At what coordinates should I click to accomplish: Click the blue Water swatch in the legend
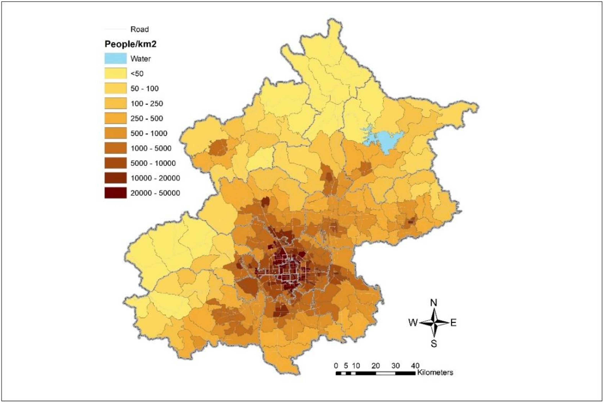tap(115, 58)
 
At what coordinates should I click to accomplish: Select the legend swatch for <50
tap(115, 73)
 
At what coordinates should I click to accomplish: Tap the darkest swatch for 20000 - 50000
tap(115, 193)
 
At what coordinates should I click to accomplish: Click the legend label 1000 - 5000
tap(151, 148)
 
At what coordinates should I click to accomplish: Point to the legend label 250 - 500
tap(146, 118)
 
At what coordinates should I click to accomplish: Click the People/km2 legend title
tap(130, 44)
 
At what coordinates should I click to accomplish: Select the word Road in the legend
tap(140, 29)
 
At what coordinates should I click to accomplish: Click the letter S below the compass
tap(434, 343)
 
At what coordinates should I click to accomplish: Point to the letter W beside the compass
tap(413, 323)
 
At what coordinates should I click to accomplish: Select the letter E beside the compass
tap(453, 323)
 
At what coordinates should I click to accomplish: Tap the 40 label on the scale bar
tap(415, 365)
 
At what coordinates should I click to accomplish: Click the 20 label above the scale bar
tap(375, 365)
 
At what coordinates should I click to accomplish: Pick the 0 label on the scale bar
tap(336, 365)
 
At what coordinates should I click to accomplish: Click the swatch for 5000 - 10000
tap(115, 163)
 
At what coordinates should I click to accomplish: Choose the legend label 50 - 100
tap(144, 89)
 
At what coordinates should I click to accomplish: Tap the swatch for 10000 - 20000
tap(115, 178)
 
